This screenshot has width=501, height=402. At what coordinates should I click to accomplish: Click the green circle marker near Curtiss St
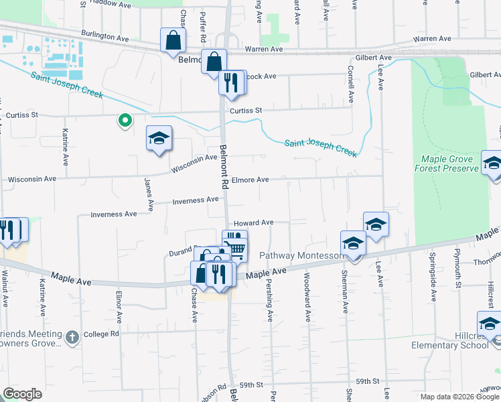(x=124, y=121)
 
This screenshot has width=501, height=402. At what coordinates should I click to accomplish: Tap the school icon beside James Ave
(x=159, y=139)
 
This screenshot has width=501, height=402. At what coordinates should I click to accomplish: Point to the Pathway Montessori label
(x=301, y=256)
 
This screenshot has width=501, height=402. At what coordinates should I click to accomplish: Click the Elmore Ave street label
(x=250, y=180)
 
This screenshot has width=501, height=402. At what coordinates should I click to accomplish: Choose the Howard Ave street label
(x=253, y=222)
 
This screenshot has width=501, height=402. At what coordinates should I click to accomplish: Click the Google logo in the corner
(x=22, y=394)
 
